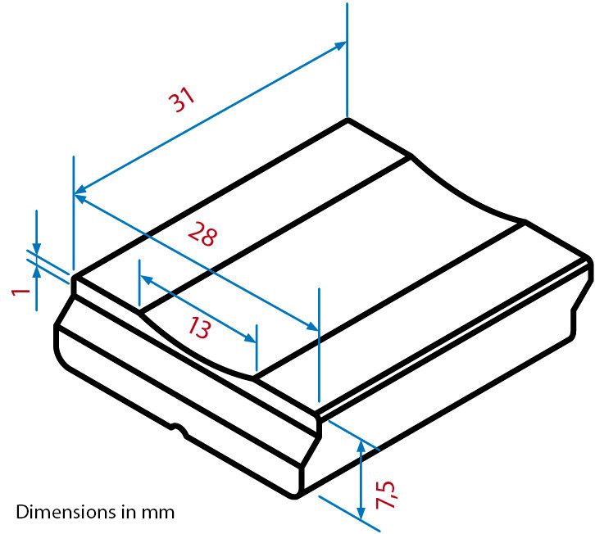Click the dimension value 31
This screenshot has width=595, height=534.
[x=182, y=99]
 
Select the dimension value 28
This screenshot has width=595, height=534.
[x=202, y=235]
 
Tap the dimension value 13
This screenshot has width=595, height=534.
[x=198, y=328]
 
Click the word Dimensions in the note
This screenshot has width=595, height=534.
[x=57, y=513]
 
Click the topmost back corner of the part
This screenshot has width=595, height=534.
[x=347, y=120]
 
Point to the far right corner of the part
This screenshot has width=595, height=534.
[x=589, y=259]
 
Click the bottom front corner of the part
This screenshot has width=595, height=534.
[x=297, y=496]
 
